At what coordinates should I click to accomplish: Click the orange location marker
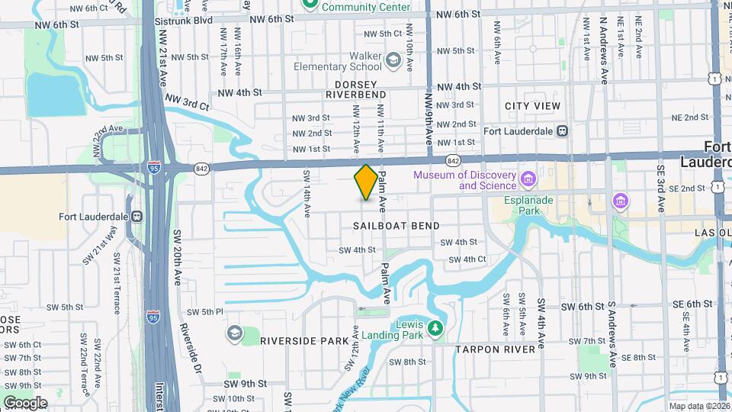[366, 182]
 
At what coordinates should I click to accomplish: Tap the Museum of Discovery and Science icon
[528, 180]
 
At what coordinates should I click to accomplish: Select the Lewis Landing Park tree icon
[435, 328]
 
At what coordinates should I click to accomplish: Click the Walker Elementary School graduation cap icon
[393, 60]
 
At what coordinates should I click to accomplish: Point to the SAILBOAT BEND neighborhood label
[396, 226]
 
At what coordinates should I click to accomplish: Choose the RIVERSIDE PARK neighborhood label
[303, 341]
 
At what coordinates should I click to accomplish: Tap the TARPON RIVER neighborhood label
[496, 349]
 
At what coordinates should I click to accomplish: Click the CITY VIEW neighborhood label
[532, 106]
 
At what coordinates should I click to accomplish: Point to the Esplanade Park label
[528, 205]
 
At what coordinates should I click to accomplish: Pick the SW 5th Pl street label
[205, 311]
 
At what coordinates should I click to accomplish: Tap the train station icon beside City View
[562, 130]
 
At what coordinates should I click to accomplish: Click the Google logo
[25, 402]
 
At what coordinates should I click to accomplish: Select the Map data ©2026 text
[698, 406]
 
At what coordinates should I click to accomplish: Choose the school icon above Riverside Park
[234, 333]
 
